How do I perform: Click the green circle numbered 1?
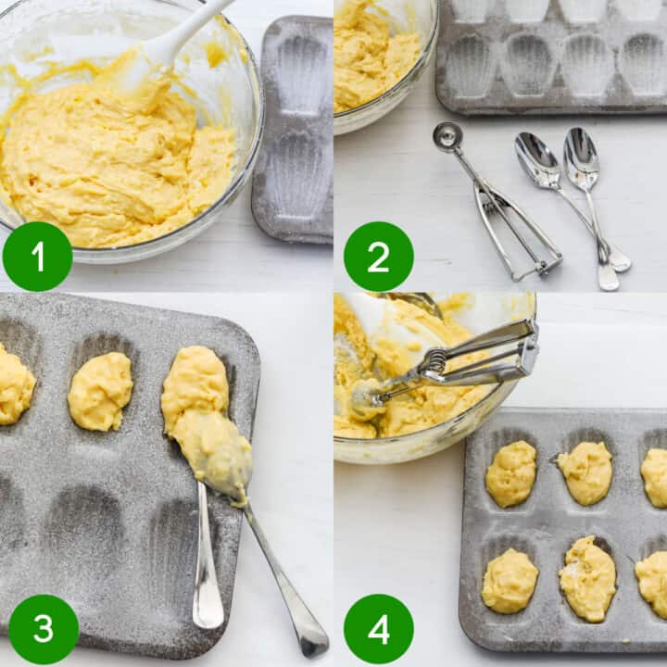click(x=37, y=257)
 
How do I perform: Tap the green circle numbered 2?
click(x=378, y=257)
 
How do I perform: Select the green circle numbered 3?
click(x=44, y=629)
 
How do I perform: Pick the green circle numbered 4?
click(x=378, y=629)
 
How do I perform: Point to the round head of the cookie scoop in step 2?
click(x=447, y=137)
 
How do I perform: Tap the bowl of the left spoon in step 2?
click(x=537, y=158)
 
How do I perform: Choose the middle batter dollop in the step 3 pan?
click(x=100, y=391)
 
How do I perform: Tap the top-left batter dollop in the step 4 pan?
click(x=511, y=473)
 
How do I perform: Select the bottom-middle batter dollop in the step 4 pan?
click(x=587, y=578)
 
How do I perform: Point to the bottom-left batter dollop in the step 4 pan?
click(x=510, y=581)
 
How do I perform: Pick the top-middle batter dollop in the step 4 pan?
click(x=585, y=472)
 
